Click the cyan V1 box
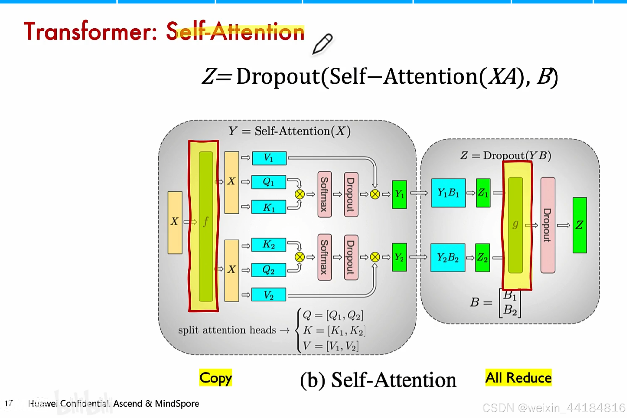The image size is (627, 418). pos(269,158)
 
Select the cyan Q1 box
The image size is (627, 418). pos(269,182)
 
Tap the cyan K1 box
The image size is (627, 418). pos(269,207)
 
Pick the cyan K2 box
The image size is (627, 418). pos(269,245)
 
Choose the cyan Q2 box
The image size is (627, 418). pos(269,270)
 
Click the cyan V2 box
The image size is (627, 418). pos(269,295)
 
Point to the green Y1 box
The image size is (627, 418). pos(399,194)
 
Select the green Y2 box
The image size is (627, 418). pos(399,257)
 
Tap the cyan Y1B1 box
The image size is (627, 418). pos(448,193)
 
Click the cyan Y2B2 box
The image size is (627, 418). pos(448,258)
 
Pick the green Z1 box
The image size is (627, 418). pos(483,193)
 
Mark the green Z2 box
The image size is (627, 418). pos(482,258)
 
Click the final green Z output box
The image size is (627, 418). pos(580,225)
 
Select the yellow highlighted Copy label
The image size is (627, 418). pos(215,378)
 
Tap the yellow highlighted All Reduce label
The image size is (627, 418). pos(518,378)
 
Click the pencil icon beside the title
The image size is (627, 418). pos(322,43)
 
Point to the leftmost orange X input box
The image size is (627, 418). pos(175,223)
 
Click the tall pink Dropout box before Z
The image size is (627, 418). pos(547,225)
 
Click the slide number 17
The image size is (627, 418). pos(9,403)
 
